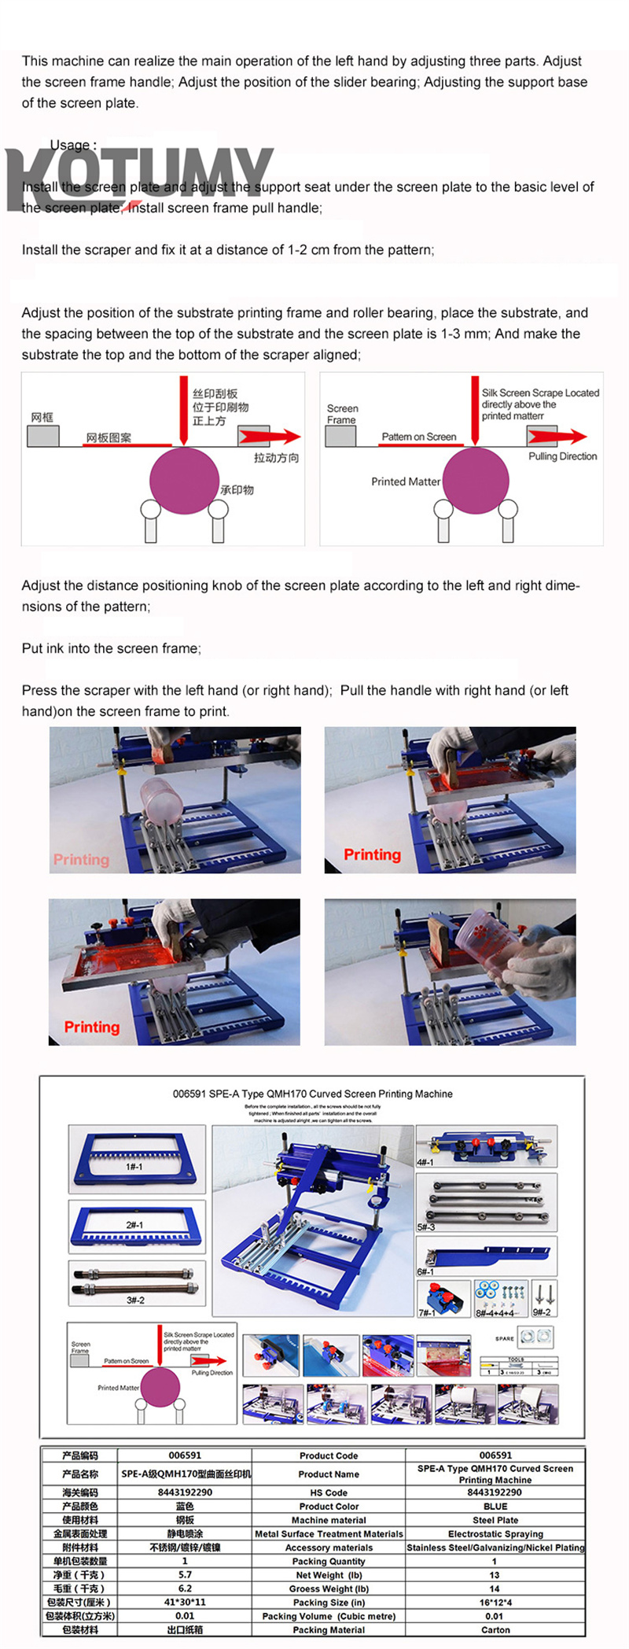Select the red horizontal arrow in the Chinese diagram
pos(270,437)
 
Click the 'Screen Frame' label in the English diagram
pos(342,414)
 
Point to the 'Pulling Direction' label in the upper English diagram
pos(562,456)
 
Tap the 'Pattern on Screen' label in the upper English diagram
pos(418,437)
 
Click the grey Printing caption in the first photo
pos(81,859)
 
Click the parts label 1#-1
pos(134,1167)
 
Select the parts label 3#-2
pos(135,1300)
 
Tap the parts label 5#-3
pos(425,1227)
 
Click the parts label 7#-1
pos(427,1312)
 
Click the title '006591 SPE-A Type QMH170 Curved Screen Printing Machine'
pos(312,1094)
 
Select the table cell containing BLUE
pos(495,1506)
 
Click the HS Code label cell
pos(329,1492)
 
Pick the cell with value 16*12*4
pos(495,1602)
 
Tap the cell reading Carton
pos(495,1629)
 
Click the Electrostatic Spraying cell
pos(495,1533)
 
